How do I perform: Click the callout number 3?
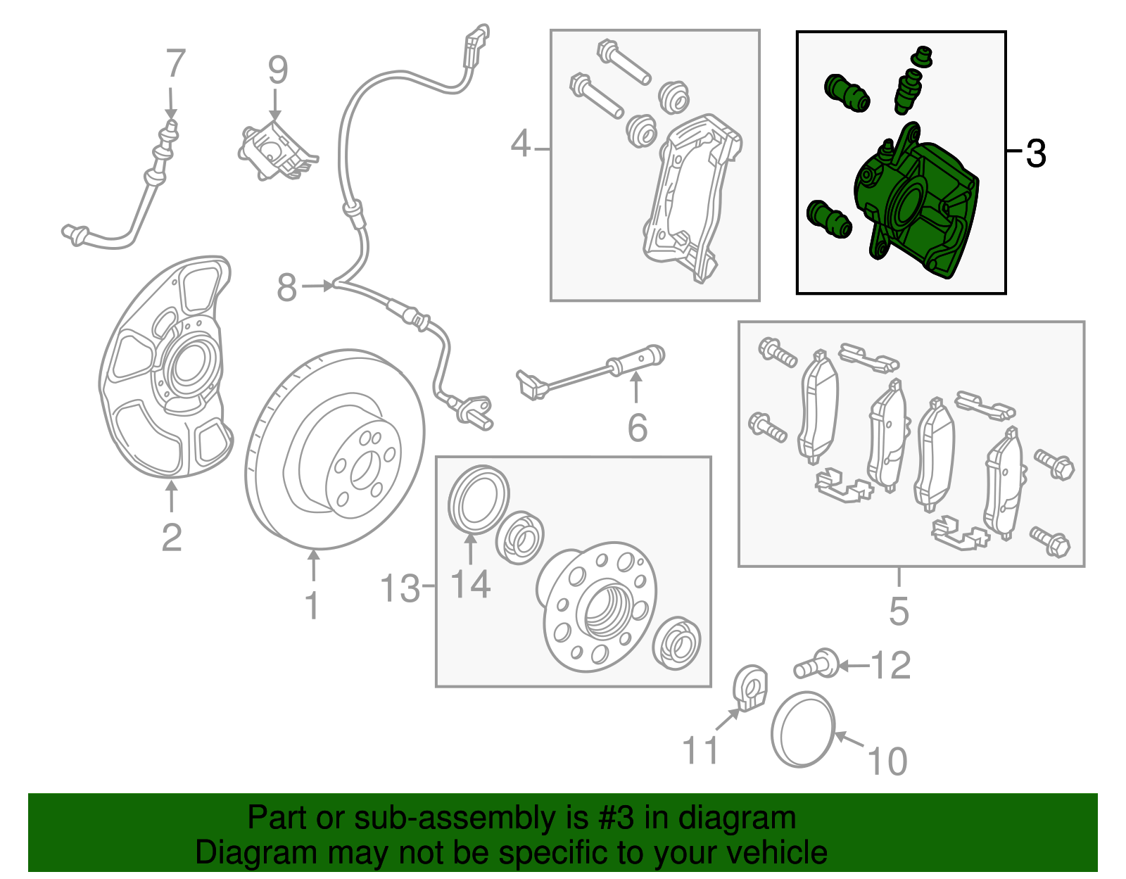(1035, 153)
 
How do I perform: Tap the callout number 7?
(175, 64)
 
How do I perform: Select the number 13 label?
(399, 588)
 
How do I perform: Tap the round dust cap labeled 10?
(803, 730)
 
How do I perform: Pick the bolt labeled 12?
(816, 664)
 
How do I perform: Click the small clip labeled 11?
(751, 690)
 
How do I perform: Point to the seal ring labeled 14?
(479, 500)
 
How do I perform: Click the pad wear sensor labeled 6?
(591, 372)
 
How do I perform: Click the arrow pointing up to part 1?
(313, 567)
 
